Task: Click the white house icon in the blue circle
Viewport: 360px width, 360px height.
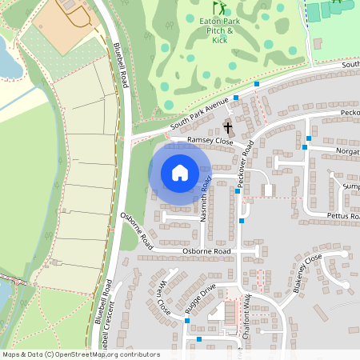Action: [x=180, y=173]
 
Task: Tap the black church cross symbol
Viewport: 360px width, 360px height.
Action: [x=227, y=127]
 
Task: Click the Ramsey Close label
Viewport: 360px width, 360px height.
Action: [x=210, y=141]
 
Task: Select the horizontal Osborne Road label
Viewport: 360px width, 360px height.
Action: [x=206, y=251]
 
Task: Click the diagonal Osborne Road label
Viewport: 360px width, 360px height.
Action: [x=137, y=230]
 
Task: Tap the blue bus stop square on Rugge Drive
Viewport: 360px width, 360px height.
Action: [x=187, y=319]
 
